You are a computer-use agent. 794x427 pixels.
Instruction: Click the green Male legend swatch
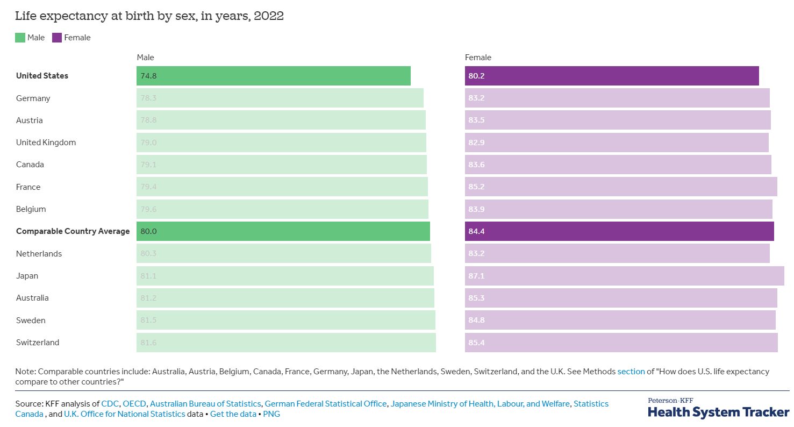coord(20,38)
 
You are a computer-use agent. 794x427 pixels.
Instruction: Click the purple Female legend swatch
coord(56,38)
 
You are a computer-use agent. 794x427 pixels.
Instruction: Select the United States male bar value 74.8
coord(148,76)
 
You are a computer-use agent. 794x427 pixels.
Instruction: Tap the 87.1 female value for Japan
coord(476,276)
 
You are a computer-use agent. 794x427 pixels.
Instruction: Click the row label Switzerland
coord(38,343)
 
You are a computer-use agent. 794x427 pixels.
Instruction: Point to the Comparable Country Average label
coord(73,231)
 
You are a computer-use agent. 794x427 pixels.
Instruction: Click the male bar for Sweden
coord(285,320)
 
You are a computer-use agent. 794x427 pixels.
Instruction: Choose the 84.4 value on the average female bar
coord(476,231)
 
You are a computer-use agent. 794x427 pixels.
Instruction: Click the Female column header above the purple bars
coord(478,58)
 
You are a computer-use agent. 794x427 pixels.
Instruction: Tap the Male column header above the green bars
coord(145,58)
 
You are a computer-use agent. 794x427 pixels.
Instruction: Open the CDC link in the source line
coord(110,403)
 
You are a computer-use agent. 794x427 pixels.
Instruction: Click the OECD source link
coord(134,403)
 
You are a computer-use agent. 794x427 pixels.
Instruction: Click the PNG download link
coord(271,414)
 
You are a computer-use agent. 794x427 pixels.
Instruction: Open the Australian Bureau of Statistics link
coord(205,403)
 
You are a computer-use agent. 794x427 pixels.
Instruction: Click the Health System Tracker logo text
coord(718,412)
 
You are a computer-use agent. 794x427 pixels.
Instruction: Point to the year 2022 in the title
coord(269,16)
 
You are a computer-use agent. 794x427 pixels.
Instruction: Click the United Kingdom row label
coord(46,143)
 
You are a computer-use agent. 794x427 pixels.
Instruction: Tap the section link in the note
coord(631,372)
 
